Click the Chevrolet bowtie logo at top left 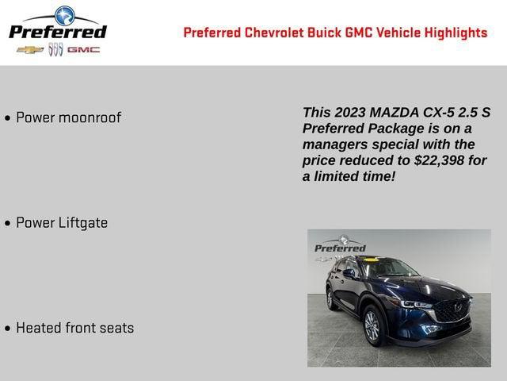point(29,50)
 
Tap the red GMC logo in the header point(83,50)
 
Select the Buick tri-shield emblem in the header point(55,50)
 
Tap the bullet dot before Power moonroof point(7,118)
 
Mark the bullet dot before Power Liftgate point(7,224)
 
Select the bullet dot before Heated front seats point(7,329)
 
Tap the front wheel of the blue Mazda point(372,326)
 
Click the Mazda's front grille point(452,310)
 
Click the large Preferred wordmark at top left point(57,32)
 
